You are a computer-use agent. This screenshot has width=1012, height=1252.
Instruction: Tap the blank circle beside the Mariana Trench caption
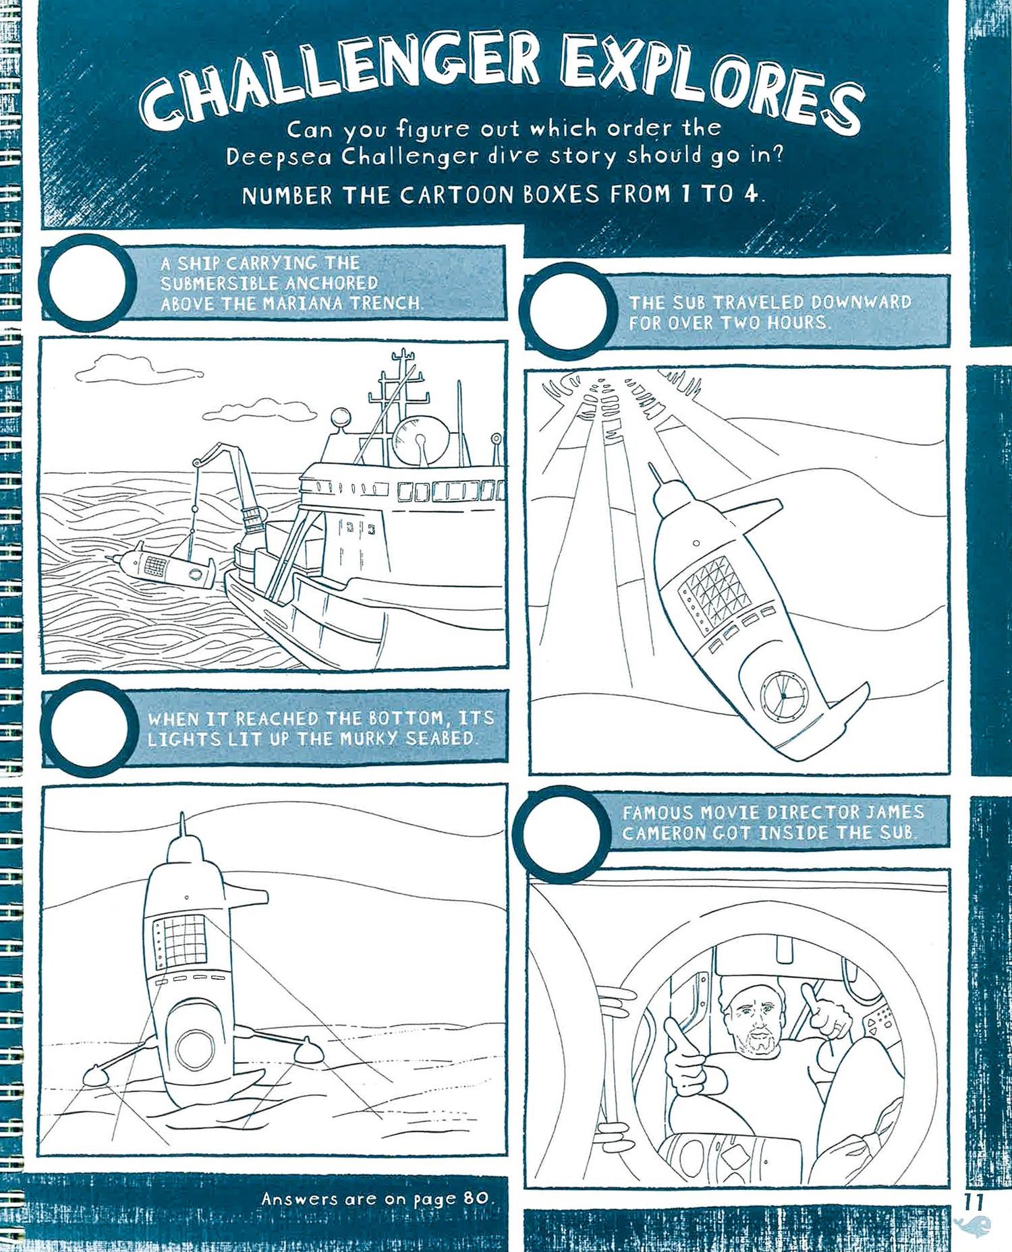click(88, 282)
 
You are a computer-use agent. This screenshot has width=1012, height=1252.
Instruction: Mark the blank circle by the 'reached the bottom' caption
click(88, 727)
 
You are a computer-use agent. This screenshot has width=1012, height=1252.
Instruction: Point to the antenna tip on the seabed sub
click(181, 817)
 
